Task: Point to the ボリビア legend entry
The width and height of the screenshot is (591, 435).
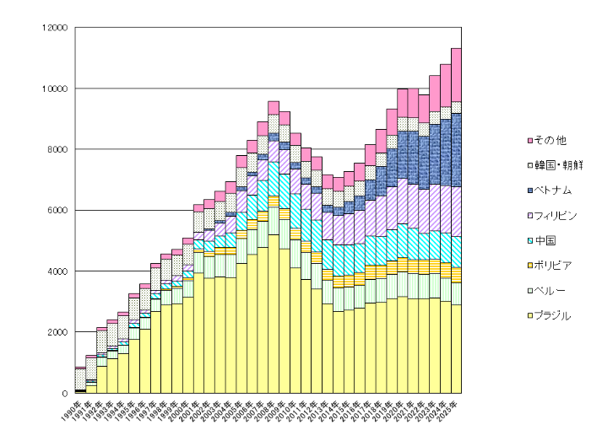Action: tap(553, 266)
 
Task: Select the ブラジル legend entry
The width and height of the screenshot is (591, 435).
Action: tap(554, 316)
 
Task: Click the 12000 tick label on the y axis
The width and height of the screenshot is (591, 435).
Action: tap(53, 28)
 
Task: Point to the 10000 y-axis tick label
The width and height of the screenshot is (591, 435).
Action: tap(53, 89)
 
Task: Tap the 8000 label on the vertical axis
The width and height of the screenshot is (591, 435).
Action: tap(56, 149)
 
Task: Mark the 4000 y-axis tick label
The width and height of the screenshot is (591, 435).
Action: tap(56, 271)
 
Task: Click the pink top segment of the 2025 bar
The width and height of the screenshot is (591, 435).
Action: tap(456, 74)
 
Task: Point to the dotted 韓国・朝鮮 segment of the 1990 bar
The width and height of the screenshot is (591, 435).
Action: tap(80, 379)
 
